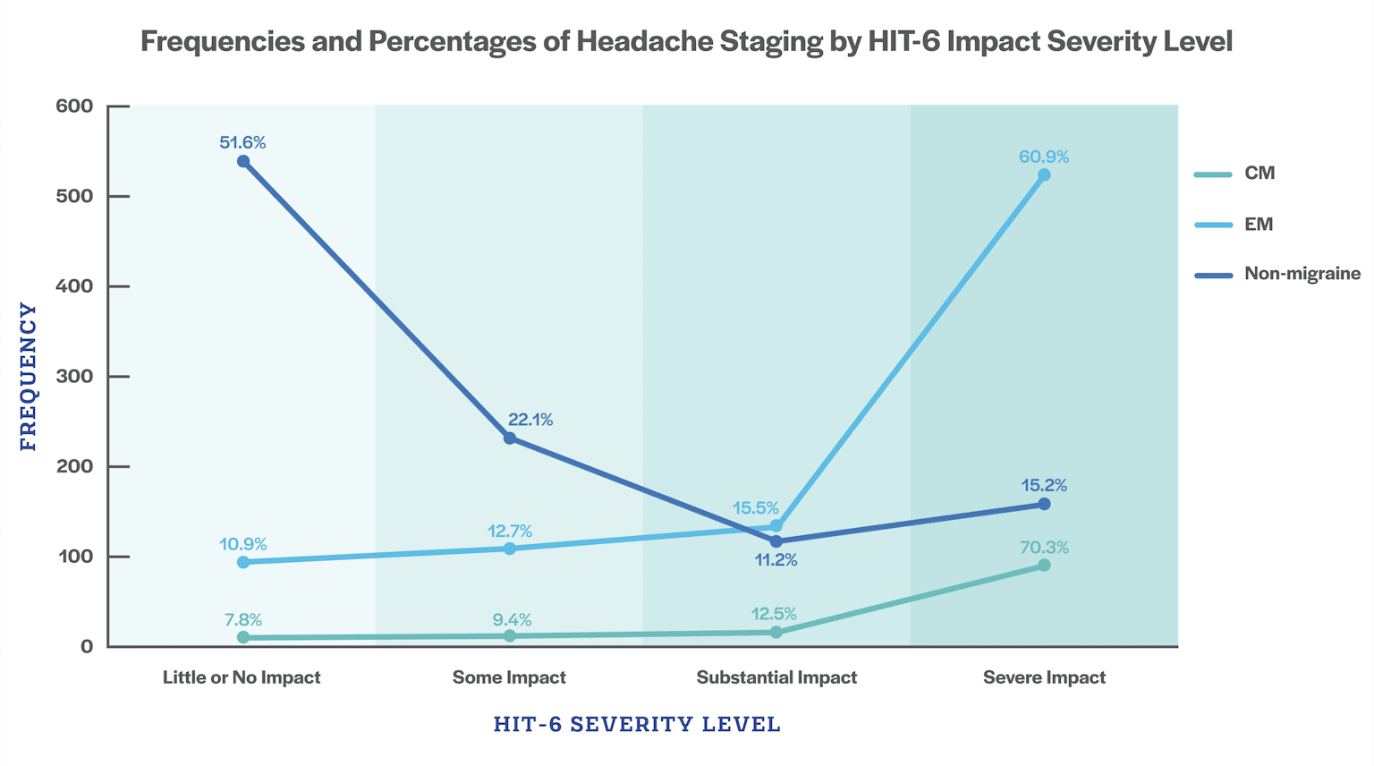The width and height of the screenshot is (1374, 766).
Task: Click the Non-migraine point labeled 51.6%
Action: click(x=243, y=162)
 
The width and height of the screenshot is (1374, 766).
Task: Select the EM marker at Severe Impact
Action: click(x=1044, y=175)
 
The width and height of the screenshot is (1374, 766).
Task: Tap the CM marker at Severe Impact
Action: click(x=1044, y=566)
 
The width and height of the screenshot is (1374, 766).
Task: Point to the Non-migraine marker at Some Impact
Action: click(x=510, y=438)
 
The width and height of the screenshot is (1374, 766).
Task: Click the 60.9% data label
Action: click(x=1044, y=157)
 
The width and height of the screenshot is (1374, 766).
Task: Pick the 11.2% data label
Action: click(x=775, y=561)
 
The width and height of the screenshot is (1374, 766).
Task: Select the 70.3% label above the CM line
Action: click(x=1044, y=548)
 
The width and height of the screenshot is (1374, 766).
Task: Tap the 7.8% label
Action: click(x=243, y=620)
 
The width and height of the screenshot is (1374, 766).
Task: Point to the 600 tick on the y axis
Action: click(x=74, y=106)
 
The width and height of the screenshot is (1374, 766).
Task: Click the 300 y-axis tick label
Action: click(x=74, y=377)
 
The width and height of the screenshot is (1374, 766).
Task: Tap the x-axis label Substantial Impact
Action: click(x=776, y=677)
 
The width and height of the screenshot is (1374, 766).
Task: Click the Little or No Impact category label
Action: click(x=242, y=677)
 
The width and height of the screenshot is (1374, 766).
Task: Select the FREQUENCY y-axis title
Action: click(x=28, y=377)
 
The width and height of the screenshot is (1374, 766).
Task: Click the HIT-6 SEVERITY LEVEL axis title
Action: click(x=637, y=724)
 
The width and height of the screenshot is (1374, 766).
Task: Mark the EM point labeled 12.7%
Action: click(x=510, y=549)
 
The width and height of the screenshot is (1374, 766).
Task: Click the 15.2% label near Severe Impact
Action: click(x=1044, y=486)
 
